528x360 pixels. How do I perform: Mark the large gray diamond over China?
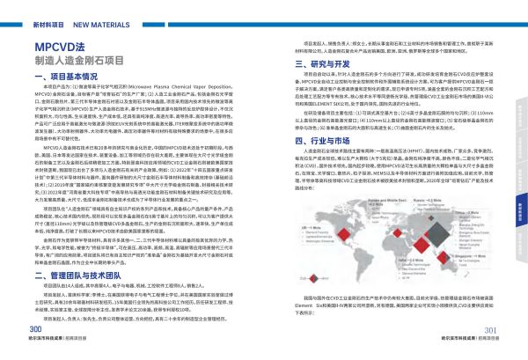[x=437, y=231]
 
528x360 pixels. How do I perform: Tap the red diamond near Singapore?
[x=444, y=256]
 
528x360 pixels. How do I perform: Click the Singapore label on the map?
[x=469, y=255]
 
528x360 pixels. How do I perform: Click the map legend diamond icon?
[x=313, y=278]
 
